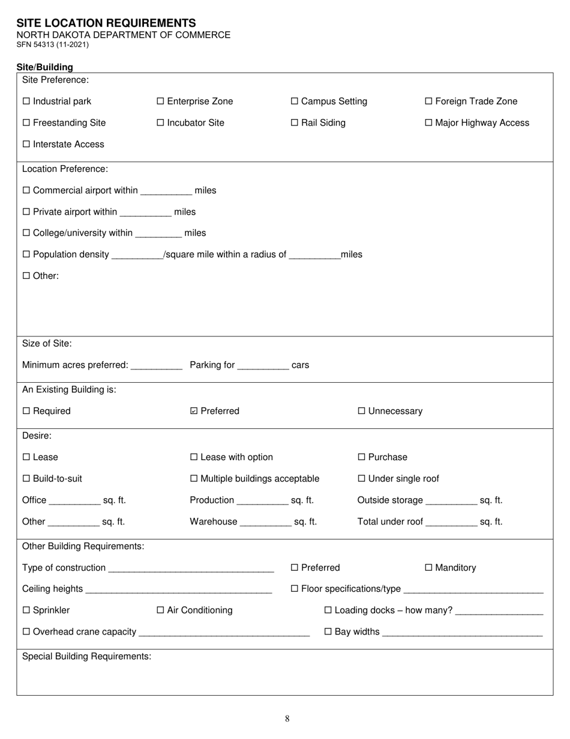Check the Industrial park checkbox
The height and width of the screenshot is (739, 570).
click(26, 102)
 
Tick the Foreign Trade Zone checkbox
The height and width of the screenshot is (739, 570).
click(428, 102)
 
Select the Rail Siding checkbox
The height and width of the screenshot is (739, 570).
click(294, 123)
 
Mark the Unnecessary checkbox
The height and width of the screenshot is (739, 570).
click(361, 412)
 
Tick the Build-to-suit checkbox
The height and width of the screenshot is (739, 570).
click(26, 479)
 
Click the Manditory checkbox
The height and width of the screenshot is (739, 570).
click(428, 568)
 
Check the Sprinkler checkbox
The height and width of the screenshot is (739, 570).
click(26, 610)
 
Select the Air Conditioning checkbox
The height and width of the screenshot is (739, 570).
click(160, 610)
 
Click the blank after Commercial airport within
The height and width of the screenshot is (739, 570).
click(166, 192)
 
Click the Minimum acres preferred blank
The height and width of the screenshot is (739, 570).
click(156, 366)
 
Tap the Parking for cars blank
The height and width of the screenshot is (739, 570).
click(263, 366)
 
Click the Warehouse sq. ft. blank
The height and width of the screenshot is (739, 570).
click(265, 523)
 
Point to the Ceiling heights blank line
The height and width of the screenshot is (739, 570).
click(179, 590)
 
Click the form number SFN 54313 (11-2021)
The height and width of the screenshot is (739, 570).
click(53, 44)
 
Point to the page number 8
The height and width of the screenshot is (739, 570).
click(287, 719)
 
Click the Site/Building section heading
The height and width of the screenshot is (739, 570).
click(45, 67)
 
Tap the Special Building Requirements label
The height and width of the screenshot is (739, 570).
click(86, 657)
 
